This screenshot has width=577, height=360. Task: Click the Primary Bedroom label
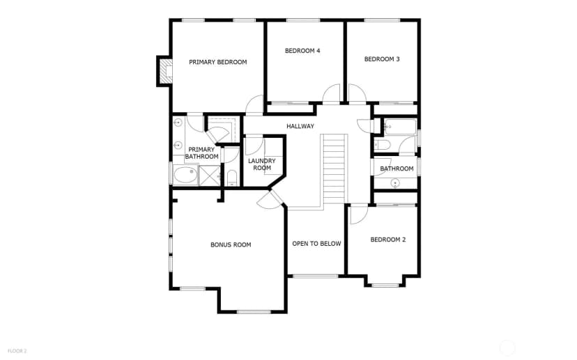pos(218,62)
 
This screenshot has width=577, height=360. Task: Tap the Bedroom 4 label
pos(302,51)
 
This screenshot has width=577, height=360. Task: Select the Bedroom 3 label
pos(382,59)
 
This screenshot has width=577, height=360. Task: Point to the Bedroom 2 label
pos(388,240)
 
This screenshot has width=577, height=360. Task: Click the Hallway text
pos(300,126)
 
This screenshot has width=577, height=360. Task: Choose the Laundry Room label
pos(261,164)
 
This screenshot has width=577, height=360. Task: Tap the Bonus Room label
pos(231,245)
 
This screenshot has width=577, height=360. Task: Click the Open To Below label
pos(316,244)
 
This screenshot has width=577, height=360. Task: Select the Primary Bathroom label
pos(201,153)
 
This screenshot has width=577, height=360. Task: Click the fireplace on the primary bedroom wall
pos(165,71)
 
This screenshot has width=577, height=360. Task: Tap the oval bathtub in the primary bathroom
pos(185,175)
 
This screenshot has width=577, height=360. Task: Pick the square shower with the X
pos(209,175)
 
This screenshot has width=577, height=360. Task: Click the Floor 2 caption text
pos(17,351)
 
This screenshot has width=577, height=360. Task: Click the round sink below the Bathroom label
pos(395,182)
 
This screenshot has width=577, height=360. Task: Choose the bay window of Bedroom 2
pos(385,285)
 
